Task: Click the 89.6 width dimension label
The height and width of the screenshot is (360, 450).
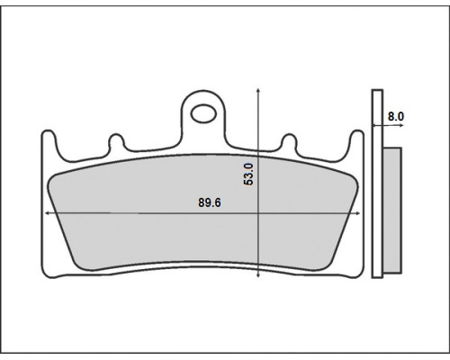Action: pos(210,202)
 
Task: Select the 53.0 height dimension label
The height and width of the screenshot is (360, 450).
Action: pos(248,174)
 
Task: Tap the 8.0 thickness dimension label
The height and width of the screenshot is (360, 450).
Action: pos(396,116)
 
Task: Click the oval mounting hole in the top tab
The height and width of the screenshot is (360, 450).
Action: pos(204,113)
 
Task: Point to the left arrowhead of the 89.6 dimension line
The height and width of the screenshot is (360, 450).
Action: pos(47,213)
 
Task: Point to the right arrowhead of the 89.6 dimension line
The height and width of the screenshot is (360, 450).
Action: pos(357,213)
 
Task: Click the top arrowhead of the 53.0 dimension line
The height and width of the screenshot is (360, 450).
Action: pos(258,91)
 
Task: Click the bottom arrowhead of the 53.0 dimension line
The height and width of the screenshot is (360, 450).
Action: pos(258,275)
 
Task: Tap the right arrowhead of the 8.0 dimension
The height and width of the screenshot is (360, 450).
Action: pos(401,125)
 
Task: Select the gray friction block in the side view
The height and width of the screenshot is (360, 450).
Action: pos(392,210)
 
